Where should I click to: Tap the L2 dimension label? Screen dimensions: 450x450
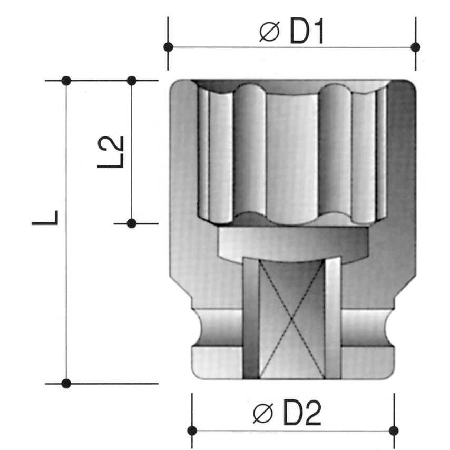[111, 152]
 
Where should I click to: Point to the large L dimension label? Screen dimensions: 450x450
[46, 217]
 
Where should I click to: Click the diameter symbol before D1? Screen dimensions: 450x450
[269, 33]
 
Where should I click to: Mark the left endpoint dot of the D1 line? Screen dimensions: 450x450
[168, 47]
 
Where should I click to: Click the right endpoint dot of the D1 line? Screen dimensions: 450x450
[415, 47]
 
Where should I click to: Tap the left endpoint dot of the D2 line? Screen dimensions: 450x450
[192, 431]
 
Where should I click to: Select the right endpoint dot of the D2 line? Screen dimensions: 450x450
[394, 431]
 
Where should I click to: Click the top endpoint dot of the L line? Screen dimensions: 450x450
[66, 81]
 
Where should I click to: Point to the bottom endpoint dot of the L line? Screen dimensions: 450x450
[66, 383]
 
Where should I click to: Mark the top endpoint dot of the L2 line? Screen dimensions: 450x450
[132, 81]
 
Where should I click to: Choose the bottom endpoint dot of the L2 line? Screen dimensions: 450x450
[132, 223]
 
